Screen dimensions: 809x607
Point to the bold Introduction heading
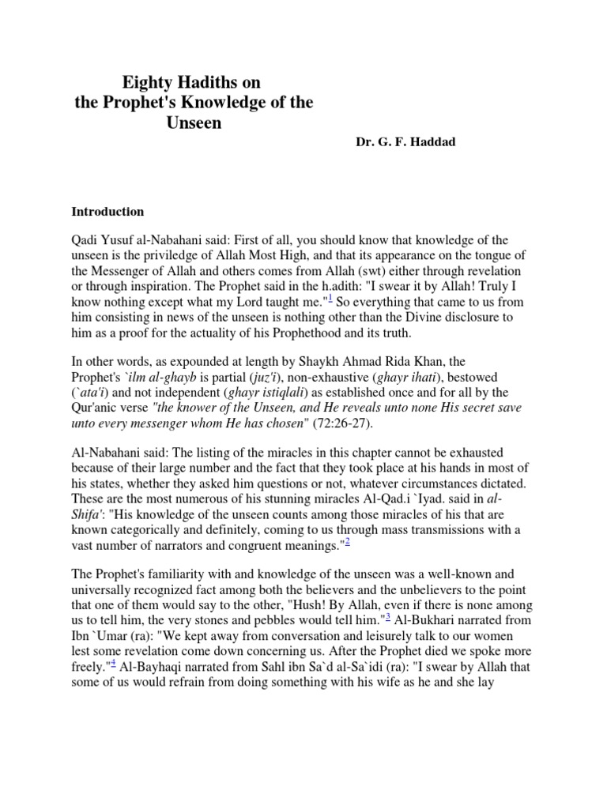tap(107, 212)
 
